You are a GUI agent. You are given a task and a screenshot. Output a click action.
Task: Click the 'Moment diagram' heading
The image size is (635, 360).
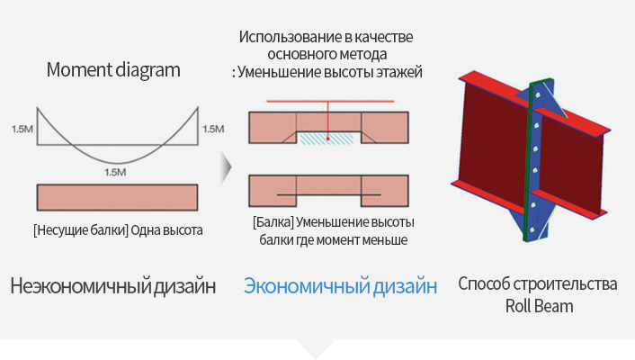coord(113,69)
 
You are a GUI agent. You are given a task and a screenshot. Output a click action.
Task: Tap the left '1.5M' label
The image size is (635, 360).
coord(22,129)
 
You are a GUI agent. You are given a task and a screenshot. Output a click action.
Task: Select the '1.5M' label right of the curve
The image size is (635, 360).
coord(213,129)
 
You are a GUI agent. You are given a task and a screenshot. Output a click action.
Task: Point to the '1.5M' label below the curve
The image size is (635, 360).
coord(115,172)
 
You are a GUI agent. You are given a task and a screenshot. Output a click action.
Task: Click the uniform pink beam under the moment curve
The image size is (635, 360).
coord(118,197)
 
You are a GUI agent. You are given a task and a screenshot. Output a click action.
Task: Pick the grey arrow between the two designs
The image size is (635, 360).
coord(226,167)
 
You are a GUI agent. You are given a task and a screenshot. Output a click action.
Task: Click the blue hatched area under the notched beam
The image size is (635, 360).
coord(326,139)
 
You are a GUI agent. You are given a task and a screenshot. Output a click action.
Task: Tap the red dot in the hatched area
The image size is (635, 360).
coord(328,139)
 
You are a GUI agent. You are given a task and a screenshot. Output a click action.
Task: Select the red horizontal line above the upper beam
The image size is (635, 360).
coord(330,101)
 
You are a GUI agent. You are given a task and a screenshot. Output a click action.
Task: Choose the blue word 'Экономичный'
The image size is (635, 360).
coord(306,286)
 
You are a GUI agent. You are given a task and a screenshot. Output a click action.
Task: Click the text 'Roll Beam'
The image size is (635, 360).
coord(539,306)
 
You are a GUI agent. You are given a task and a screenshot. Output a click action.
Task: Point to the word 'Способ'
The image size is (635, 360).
coord(484,283)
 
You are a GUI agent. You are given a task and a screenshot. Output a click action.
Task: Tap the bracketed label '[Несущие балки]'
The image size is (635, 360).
coord(81,230)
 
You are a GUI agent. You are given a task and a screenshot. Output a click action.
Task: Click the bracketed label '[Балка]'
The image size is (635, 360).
coord(273,222)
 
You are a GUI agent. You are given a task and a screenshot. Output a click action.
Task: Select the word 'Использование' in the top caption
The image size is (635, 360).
coord(291,37)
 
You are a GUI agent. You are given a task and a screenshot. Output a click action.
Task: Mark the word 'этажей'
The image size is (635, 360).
coord(399,72)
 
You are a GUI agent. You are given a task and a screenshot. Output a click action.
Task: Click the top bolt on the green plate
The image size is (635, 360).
coord(537,95)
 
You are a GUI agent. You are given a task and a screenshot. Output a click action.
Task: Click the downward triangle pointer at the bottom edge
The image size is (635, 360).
coord(316,348)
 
